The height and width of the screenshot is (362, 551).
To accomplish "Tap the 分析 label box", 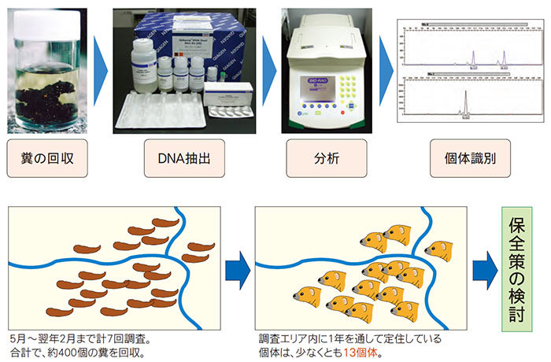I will coord(319,157).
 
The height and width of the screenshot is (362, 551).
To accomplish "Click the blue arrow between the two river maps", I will coord(236,270).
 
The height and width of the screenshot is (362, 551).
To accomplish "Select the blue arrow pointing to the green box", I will coord(480,270).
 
